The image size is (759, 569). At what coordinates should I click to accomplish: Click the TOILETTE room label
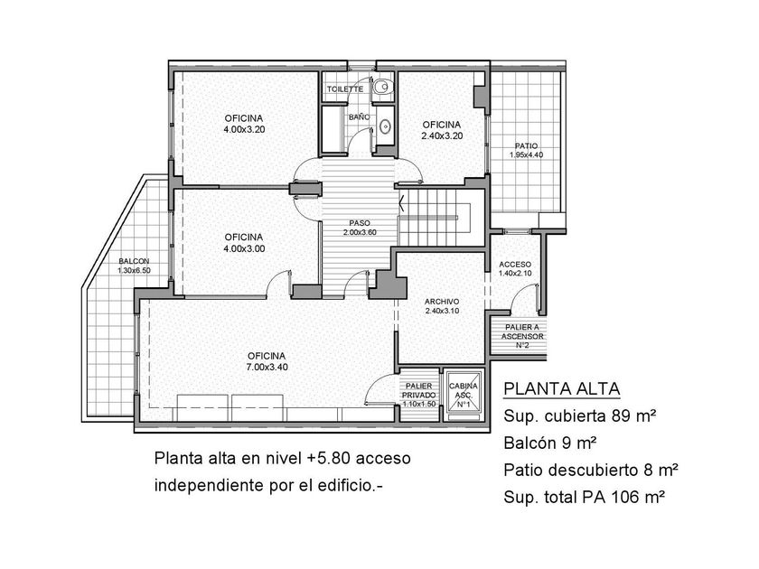click(344, 89)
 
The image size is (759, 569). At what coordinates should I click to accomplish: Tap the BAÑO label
click(360, 117)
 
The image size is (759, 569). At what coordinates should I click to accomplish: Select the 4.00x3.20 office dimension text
click(244, 130)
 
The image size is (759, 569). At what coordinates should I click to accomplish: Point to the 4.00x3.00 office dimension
click(244, 248)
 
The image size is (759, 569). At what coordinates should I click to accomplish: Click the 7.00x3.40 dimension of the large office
click(267, 368)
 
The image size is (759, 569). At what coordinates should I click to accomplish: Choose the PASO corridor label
click(360, 223)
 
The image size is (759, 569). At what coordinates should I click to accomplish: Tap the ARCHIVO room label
click(442, 302)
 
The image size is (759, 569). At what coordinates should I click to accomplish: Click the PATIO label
click(526, 146)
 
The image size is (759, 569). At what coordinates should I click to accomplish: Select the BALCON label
click(134, 261)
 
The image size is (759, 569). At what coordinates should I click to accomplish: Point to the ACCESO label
click(515, 265)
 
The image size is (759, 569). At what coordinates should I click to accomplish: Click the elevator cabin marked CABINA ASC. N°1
click(464, 396)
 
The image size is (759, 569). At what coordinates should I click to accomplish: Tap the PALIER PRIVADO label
click(418, 390)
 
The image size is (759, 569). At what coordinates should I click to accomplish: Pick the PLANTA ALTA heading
click(561, 388)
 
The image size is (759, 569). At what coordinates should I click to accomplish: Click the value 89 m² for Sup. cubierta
click(633, 415)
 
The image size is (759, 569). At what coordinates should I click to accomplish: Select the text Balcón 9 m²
click(550, 443)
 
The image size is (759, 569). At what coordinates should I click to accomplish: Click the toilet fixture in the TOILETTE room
click(382, 87)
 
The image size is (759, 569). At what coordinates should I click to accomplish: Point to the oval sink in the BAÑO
click(385, 127)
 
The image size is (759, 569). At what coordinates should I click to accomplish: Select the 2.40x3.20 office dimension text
click(442, 136)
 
